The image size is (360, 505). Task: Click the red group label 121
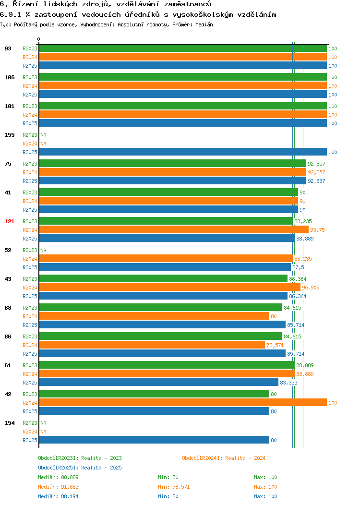[x=9, y=221]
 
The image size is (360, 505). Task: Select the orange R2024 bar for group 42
[x=183, y=403]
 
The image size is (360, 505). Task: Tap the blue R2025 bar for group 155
[x=183, y=152]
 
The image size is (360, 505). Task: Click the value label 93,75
[x=317, y=230]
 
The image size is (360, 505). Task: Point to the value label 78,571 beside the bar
[x=275, y=345]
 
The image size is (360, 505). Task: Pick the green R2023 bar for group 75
[x=173, y=164]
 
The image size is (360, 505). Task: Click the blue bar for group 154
[x=154, y=440]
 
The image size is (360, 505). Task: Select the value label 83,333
[x=288, y=383]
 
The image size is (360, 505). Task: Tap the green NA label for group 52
[x=44, y=250]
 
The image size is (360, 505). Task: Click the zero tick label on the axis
[x=39, y=39]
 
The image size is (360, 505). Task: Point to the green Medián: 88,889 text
[x=58, y=477]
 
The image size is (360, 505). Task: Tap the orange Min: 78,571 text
[x=174, y=487]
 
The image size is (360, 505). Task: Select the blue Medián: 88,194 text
[x=58, y=497]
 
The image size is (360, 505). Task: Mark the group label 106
[x=9, y=77]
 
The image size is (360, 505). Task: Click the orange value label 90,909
[x=311, y=288]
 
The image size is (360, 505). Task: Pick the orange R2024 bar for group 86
[x=152, y=345]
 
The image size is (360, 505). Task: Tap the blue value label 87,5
[x=298, y=267]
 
